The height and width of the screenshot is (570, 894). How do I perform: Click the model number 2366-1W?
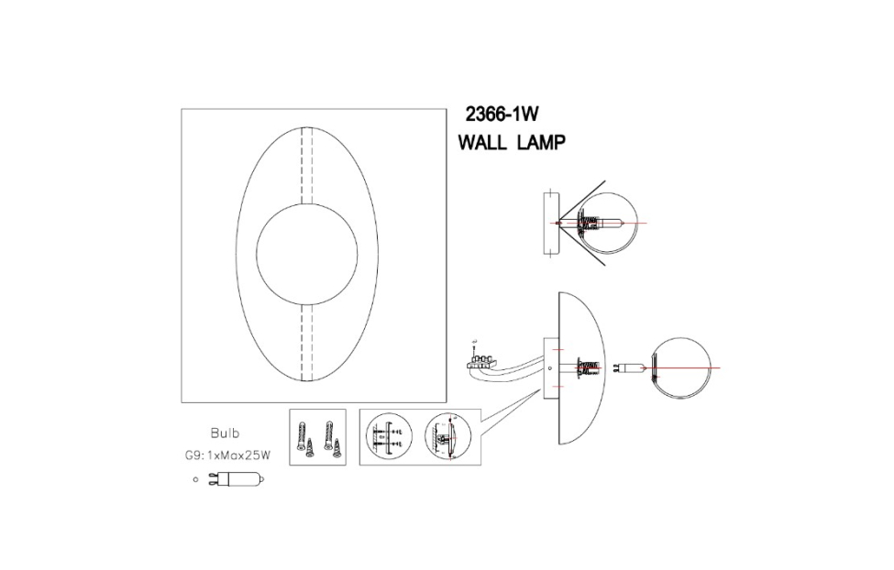[500, 115]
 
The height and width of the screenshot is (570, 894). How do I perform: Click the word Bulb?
[225, 433]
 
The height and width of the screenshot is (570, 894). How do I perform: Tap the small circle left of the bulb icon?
[195, 478]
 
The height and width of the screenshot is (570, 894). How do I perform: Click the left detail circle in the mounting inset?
[389, 438]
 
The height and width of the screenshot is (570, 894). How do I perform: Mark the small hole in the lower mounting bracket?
[549, 369]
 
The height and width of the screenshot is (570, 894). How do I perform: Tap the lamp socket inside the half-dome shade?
[584, 369]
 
